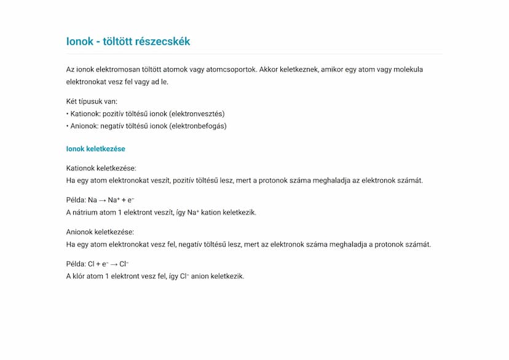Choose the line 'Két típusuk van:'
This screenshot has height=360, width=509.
coord(92,101)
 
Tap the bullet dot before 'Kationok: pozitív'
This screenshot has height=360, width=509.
coord(68,114)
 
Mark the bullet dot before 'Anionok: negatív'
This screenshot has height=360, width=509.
coord(68,126)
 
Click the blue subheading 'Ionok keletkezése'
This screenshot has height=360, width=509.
coord(96,149)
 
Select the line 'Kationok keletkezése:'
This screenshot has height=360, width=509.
coord(101,168)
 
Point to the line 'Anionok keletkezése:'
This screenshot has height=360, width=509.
coord(100,232)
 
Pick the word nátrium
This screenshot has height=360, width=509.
coord(86,213)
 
